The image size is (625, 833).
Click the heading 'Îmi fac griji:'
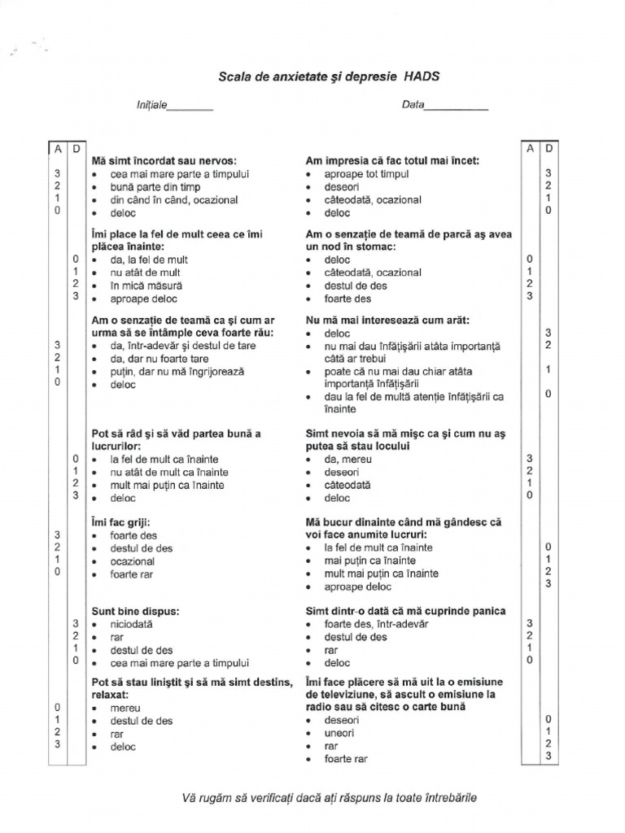(x=121, y=522)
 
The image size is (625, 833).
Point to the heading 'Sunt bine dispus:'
(x=136, y=610)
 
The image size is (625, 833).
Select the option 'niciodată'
(x=131, y=624)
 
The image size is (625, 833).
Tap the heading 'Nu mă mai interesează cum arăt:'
(x=387, y=320)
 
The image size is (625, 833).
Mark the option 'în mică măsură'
(x=146, y=286)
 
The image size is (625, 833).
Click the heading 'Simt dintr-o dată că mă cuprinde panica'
(x=405, y=610)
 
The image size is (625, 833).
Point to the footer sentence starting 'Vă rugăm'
(x=329, y=797)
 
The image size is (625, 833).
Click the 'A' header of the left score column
(x=58, y=148)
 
